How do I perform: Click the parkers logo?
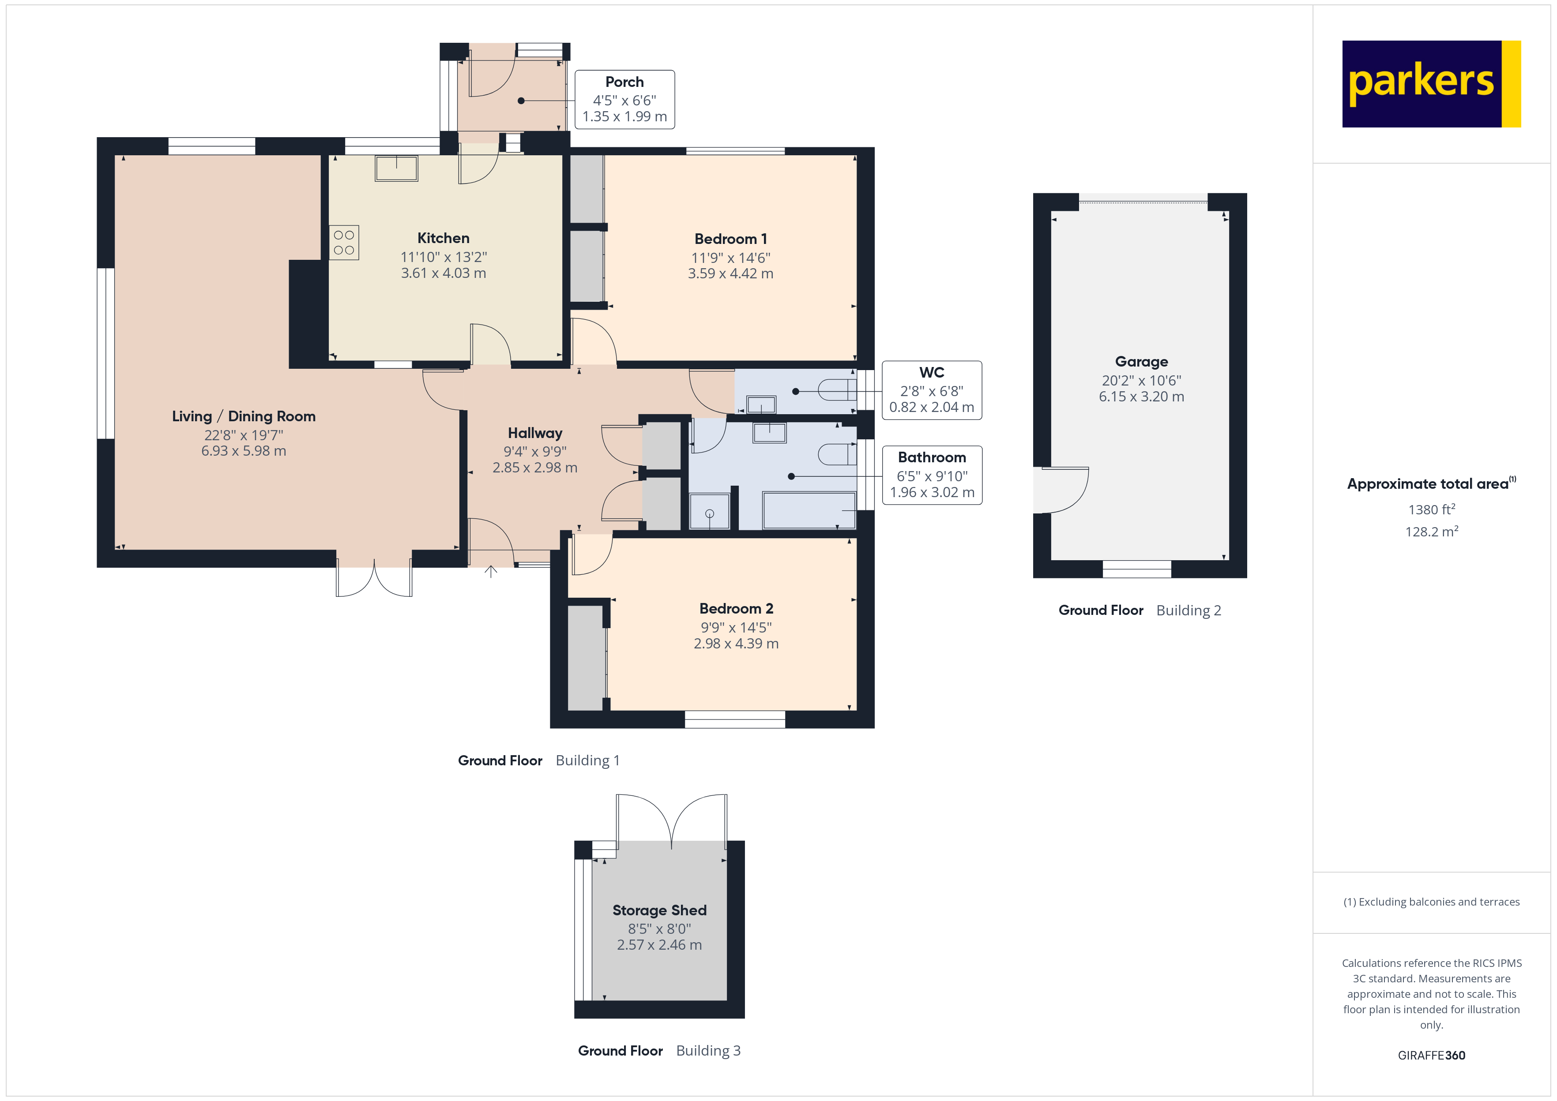(1430, 83)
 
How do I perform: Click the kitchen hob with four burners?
(344, 243)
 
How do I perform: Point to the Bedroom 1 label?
(730, 239)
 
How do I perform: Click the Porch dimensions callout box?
(624, 100)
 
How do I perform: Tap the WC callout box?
(931, 390)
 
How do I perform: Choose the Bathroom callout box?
(931, 475)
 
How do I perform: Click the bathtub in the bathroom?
(809, 510)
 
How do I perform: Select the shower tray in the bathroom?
(709, 512)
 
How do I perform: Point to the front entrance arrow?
(491, 572)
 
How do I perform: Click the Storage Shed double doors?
(671, 820)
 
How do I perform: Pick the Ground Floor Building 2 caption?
(1139, 610)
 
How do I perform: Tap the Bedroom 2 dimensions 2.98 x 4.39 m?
(736, 644)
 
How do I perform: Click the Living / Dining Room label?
(244, 416)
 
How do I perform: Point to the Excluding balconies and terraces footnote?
(1431, 902)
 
